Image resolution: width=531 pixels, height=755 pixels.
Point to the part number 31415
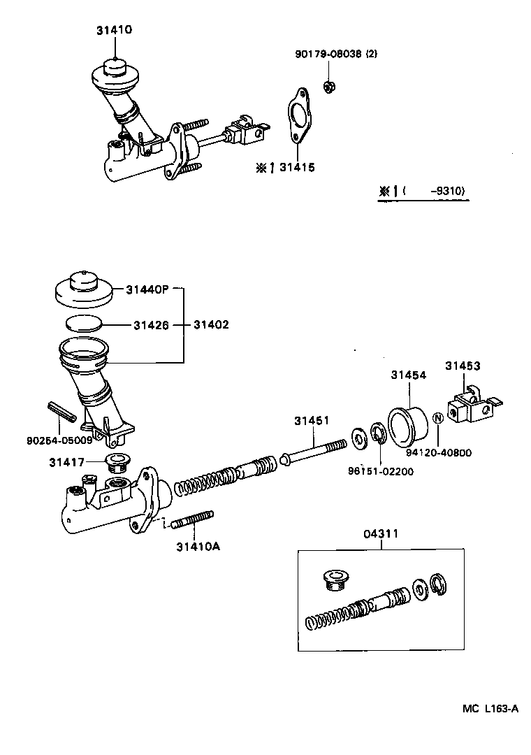point(297,168)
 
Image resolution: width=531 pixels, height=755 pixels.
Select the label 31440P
point(147,289)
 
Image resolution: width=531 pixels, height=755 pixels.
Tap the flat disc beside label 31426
point(85,324)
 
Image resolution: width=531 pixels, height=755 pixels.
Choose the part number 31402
point(211,324)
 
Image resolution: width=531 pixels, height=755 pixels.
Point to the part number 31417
point(66,461)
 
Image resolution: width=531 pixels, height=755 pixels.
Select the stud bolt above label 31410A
point(192,521)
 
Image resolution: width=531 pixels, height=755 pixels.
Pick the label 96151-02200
point(381,471)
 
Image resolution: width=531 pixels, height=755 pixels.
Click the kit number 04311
point(381,534)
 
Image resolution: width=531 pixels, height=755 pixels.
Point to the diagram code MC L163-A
point(490,708)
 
